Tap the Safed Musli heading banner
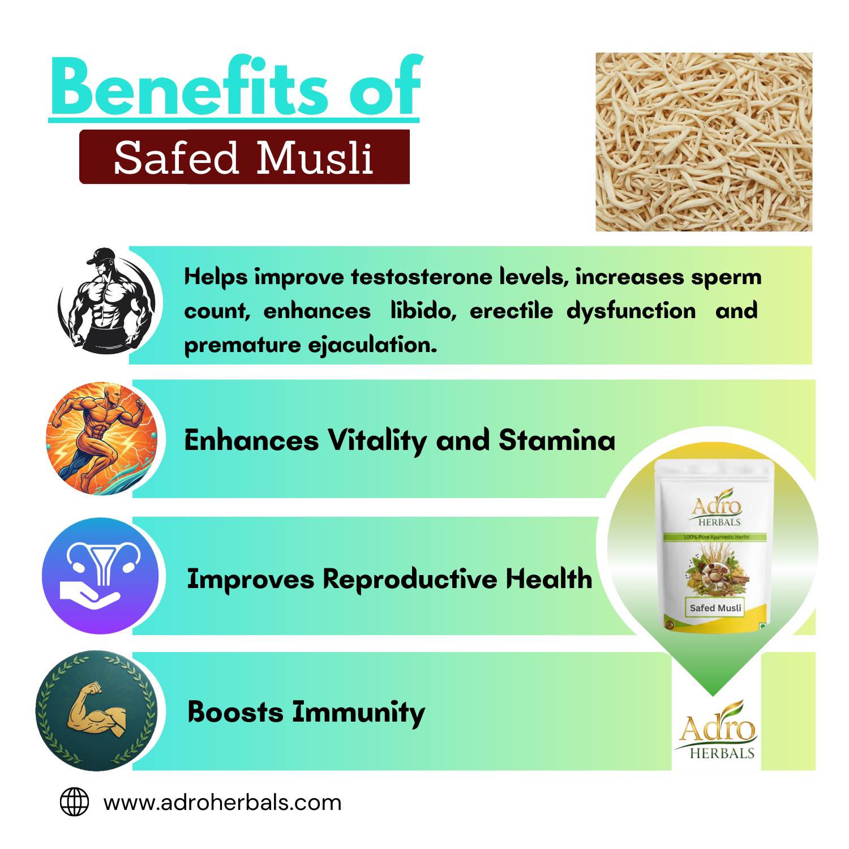[x=244, y=157]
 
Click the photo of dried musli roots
[x=704, y=142]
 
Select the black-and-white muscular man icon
[x=107, y=302]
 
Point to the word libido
[x=423, y=311]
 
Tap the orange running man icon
[x=102, y=439]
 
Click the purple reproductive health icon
[x=101, y=576]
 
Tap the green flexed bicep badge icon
[x=96, y=711]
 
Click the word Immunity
[x=358, y=713]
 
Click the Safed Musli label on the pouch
[x=715, y=608]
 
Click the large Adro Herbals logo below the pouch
[x=717, y=730]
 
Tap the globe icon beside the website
[x=75, y=802]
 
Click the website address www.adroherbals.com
[x=222, y=803]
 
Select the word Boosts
[x=235, y=712]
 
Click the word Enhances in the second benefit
[x=251, y=441]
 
